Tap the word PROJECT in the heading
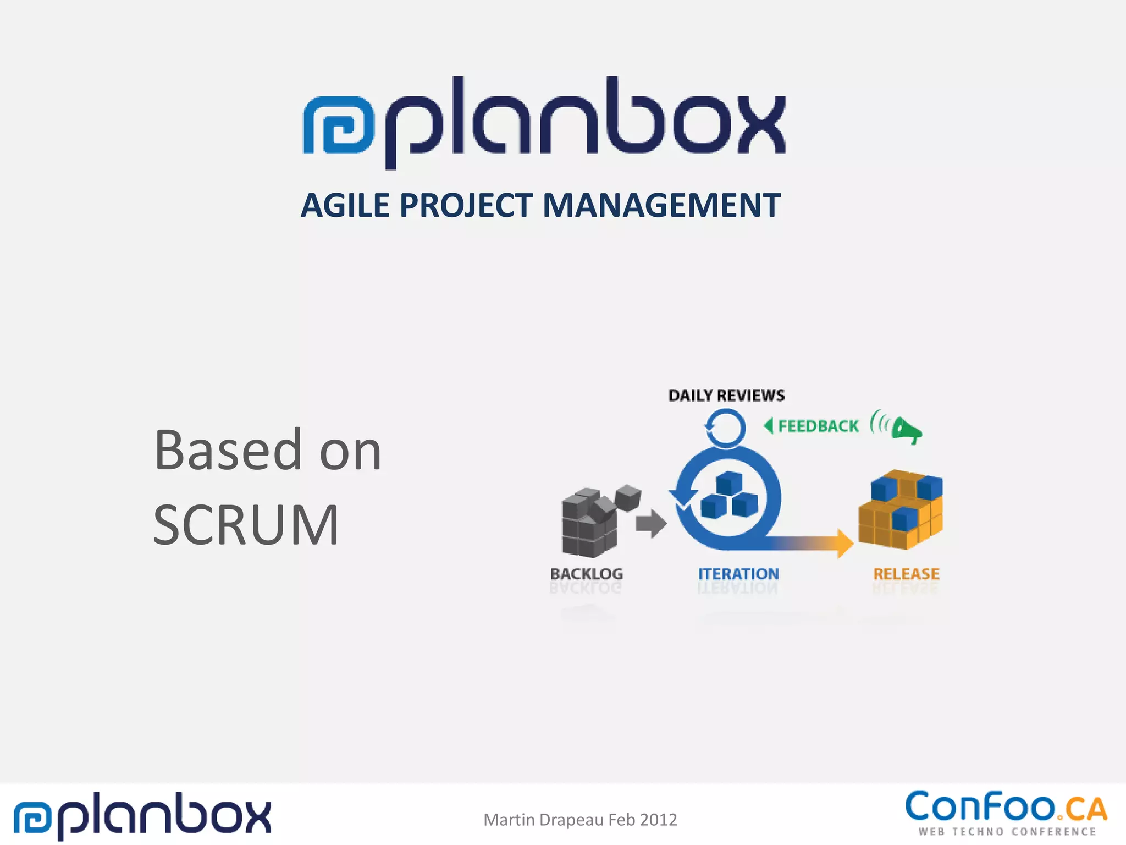pyautogui.click(x=466, y=206)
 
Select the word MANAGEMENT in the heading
pyautogui.click(x=661, y=206)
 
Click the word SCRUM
pyautogui.click(x=246, y=525)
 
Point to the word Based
pyautogui.click(x=228, y=451)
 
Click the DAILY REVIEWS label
pyautogui.click(x=726, y=396)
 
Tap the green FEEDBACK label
pyautogui.click(x=818, y=426)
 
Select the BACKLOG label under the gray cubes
pyautogui.click(x=587, y=574)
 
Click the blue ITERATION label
pyautogui.click(x=738, y=574)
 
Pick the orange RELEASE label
pyautogui.click(x=906, y=574)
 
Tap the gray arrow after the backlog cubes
pyautogui.click(x=651, y=523)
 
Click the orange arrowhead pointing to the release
pyautogui.click(x=844, y=544)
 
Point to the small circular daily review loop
pyautogui.click(x=725, y=427)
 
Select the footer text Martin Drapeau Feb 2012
pyautogui.click(x=580, y=820)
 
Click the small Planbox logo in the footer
pyautogui.click(x=142, y=815)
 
